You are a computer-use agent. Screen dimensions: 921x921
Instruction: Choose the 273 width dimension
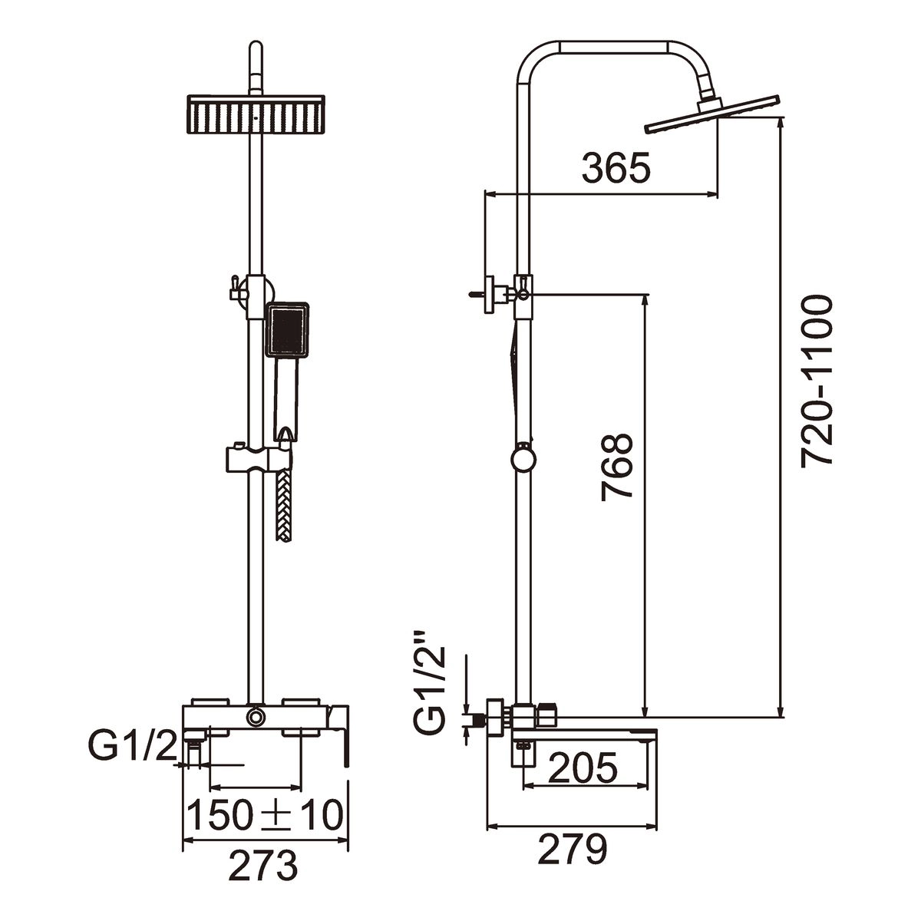[264, 867]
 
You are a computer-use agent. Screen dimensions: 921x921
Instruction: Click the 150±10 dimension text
[266, 815]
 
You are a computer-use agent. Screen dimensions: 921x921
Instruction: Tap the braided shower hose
[282, 507]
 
